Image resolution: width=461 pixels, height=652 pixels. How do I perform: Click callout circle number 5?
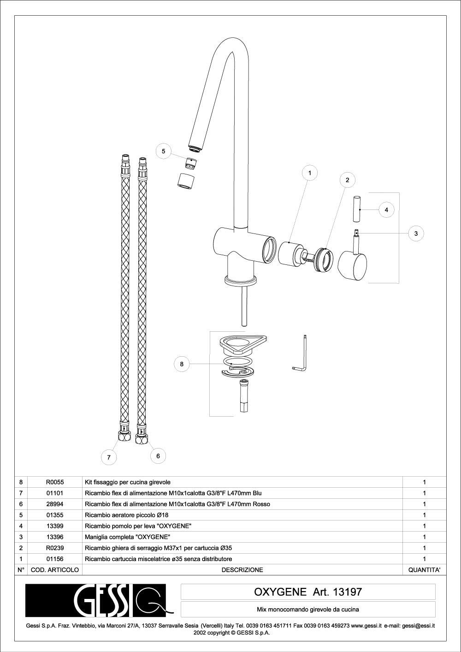click(163, 151)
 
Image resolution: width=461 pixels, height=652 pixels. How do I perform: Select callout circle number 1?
click(310, 173)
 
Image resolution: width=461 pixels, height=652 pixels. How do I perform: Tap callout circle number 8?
click(182, 364)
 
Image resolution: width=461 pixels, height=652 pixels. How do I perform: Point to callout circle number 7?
click(109, 457)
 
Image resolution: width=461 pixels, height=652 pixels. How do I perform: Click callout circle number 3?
click(416, 233)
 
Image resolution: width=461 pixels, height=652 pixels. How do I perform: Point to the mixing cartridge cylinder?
click(290, 254)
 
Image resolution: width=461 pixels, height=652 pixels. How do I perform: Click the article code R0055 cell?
click(55, 482)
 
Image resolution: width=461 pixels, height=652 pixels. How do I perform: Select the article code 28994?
click(55, 504)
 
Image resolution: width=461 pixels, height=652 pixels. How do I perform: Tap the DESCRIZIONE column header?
click(242, 570)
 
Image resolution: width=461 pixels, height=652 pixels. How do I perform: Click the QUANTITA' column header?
click(424, 570)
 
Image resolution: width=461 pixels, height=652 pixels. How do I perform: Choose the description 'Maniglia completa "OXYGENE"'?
click(128, 537)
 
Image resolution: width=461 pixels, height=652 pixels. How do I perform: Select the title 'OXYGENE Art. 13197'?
click(308, 592)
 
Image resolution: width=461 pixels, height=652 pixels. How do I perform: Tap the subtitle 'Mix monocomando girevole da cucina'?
click(308, 610)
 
